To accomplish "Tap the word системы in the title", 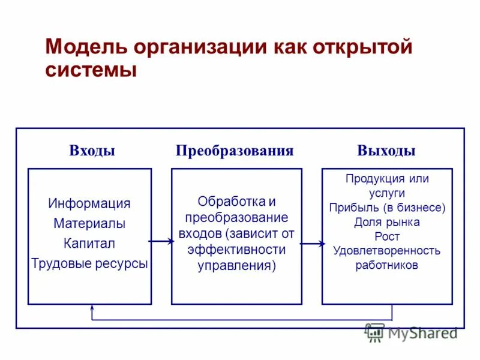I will [91, 70].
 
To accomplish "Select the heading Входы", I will [92, 151].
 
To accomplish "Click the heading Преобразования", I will [235, 151].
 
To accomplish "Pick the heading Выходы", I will [386, 151].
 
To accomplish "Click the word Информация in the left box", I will [89, 203].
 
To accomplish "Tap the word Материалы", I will [89, 224].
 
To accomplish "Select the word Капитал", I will [89, 244].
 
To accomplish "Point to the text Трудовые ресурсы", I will [89, 263].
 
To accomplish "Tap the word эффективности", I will [236, 249].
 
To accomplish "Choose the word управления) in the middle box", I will [236, 265].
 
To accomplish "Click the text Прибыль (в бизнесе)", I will [387, 208].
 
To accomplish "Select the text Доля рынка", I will [387, 222].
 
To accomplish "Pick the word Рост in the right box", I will [387, 236].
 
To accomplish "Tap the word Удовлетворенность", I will [387, 250].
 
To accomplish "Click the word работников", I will [387, 265].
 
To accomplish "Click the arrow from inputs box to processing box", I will [161, 241].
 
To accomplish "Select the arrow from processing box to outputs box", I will [312, 244].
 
